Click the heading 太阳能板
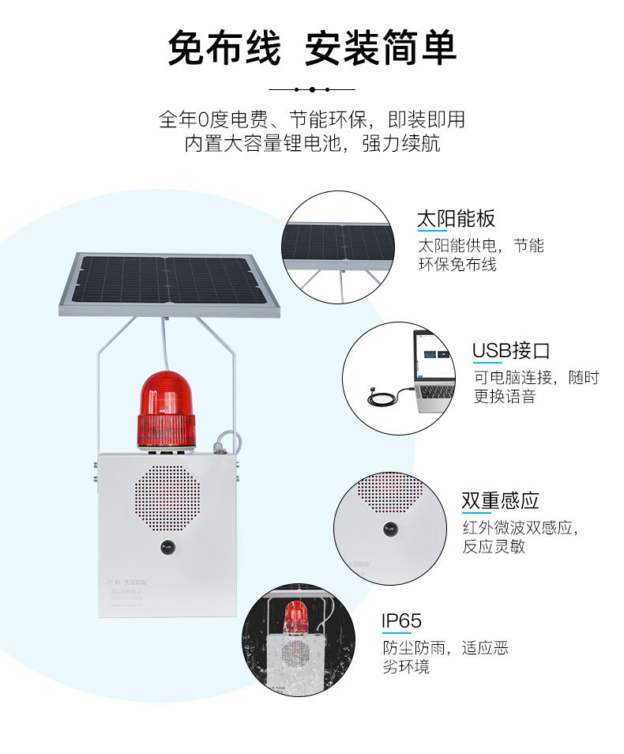pyautogui.click(x=456, y=219)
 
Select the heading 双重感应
pyautogui.click(x=500, y=500)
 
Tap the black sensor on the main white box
pyautogui.click(x=167, y=546)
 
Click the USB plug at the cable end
pyautogui.click(x=375, y=392)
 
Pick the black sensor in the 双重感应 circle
pyautogui.click(x=390, y=527)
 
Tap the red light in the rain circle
pyautogui.click(x=296, y=617)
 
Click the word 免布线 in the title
pyautogui.click(x=224, y=49)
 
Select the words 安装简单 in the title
pyautogui.click(x=381, y=49)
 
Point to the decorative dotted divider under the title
pyautogui.click(x=312, y=89)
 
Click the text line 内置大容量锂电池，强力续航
pyautogui.click(x=312, y=144)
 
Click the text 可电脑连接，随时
pyautogui.click(x=536, y=377)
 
